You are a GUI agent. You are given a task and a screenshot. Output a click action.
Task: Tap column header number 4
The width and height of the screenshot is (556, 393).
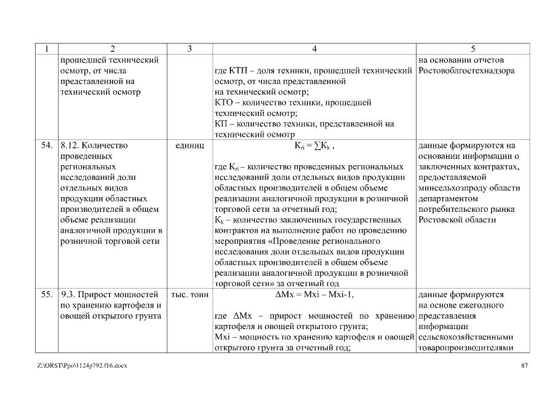(x=314, y=49)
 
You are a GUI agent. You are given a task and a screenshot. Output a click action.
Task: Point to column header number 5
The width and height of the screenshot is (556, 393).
(x=472, y=49)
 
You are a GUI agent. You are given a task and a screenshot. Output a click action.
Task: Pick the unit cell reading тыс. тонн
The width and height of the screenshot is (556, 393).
(x=190, y=295)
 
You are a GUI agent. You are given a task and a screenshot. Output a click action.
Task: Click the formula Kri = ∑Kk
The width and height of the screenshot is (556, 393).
(x=313, y=146)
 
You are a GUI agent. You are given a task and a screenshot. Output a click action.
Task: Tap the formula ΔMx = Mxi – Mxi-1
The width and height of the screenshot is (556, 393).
(x=314, y=295)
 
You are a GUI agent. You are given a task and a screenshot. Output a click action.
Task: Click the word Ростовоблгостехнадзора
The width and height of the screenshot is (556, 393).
(x=466, y=71)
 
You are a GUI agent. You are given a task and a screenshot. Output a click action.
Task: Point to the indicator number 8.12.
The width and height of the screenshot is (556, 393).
(x=69, y=146)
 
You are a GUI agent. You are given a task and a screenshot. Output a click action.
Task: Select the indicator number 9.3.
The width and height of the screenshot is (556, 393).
(x=68, y=295)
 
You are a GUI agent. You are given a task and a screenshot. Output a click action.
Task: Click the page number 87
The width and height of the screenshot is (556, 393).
(x=524, y=366)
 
